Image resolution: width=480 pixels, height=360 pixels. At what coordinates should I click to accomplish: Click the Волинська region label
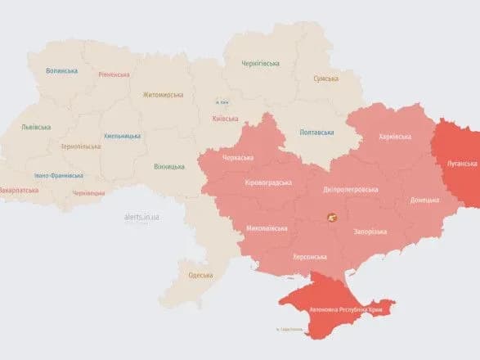coord(62,72)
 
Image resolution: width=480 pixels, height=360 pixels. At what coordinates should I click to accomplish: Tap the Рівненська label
coord(113,74)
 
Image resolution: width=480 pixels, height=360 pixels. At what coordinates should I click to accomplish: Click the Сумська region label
coord(330,79)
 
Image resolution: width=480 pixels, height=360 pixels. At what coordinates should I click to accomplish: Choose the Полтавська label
coord(317,132)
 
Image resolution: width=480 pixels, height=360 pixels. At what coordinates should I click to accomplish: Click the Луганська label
coord(461,164)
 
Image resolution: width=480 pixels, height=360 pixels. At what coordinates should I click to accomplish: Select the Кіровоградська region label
coord(268,182)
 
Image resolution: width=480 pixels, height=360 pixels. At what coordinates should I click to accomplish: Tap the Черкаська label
coord(237,156)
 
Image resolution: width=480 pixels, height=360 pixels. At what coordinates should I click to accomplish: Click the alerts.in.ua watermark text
coord(141,217)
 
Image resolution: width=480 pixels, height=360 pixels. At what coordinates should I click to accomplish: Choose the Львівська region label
coord(36,127)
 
